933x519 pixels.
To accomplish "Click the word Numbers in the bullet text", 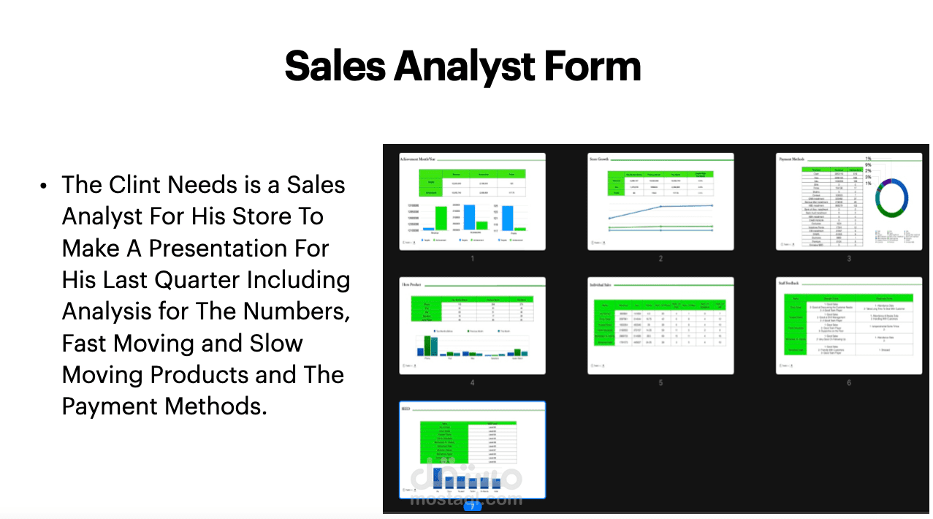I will (296, 311).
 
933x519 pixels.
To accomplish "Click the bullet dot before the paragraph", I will (44, 186).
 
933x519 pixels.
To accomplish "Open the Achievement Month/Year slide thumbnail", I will (472, 201).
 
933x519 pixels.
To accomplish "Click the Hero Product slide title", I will (412, 282).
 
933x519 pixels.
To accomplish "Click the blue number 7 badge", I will (472, 505).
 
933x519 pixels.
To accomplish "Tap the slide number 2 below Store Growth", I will (660, 258).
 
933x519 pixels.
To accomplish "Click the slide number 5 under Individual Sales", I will (660, 382).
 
